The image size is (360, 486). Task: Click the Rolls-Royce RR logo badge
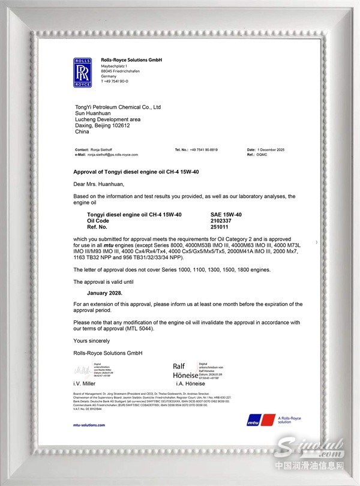(x=82, y=73)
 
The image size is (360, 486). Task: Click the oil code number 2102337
(x=221, y=220)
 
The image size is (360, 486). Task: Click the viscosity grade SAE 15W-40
(x=226, y=214)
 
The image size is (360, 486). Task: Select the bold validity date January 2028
(x=105, y=293)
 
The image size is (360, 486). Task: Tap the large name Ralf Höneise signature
(x=184, y=370)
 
